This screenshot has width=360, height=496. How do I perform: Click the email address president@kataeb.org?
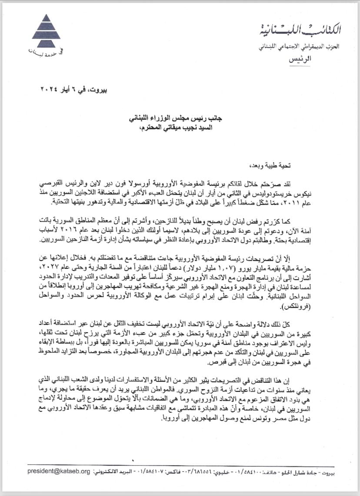pos(59,471)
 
